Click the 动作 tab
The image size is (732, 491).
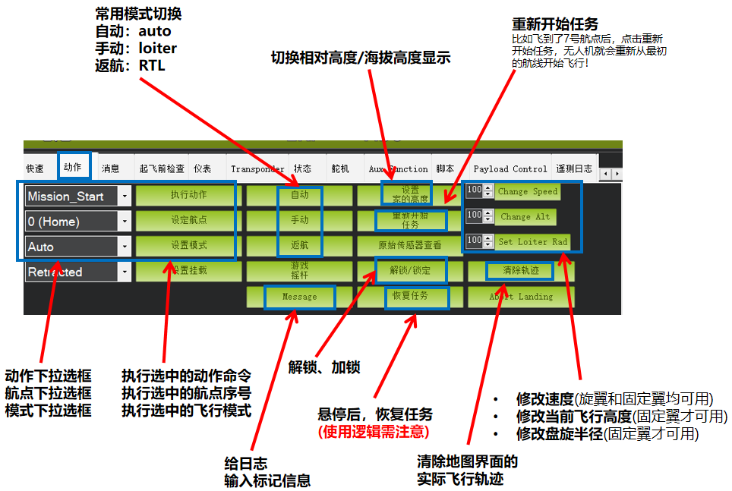click(73, 168)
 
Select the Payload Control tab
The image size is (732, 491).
click(510, 168)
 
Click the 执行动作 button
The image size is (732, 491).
click(189, 195)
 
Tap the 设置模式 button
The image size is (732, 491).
click(189, 246)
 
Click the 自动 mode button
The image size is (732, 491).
click(299, 195)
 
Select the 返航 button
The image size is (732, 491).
click(299, 246)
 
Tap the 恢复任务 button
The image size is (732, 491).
click(410, 297)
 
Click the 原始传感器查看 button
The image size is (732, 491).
click(410, 246)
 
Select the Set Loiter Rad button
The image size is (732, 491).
click(532, 241)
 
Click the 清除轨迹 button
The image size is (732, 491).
click(521, 271)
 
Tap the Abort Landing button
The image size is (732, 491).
click(521, 297)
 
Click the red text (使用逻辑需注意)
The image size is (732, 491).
click(374, 432)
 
